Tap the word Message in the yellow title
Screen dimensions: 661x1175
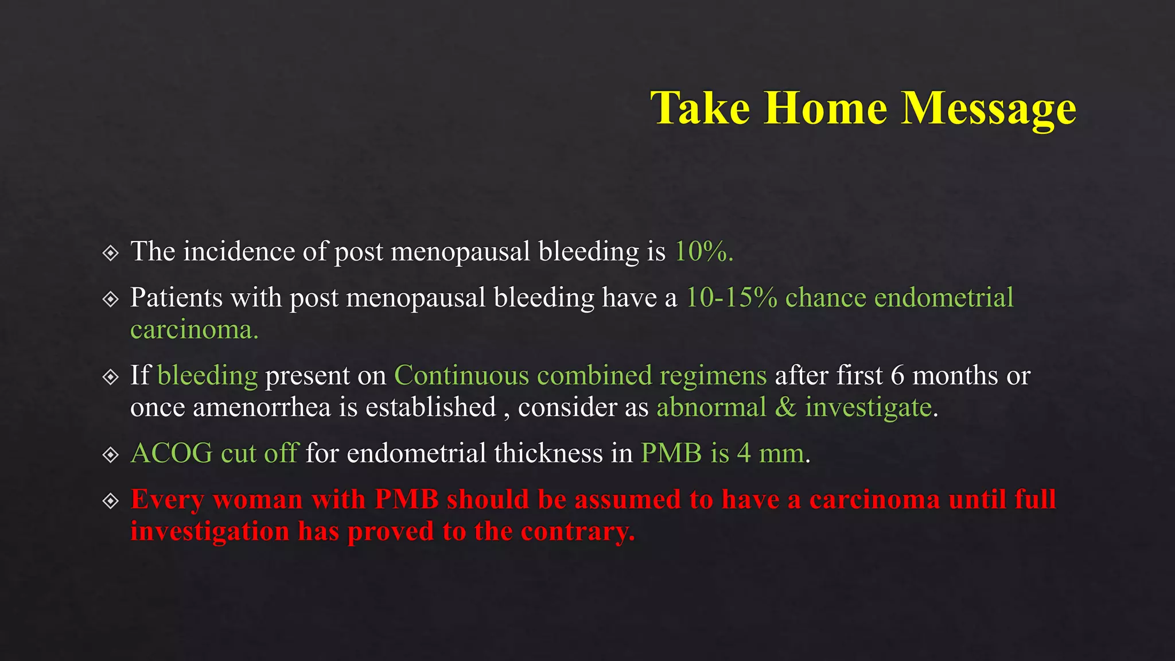[x=988, y=109]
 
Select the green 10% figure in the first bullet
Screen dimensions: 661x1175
[x=703, y=251]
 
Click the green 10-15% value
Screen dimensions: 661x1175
[x=732, y=297]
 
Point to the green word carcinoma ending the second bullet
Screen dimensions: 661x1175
[x=194, y=330]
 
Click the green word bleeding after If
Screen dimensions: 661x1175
[x=207, y=375]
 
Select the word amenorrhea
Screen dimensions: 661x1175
[x=262, y=407]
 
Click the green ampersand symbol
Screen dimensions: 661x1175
[x=785, y=407]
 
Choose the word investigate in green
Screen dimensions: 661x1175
[x=868, y=408]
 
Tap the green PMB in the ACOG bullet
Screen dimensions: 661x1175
[x=671, y=453]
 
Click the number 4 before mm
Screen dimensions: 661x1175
[x=744, y=453]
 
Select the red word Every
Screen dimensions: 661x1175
[x=167, y=500]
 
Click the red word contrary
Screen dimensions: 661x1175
[x=577, y=531]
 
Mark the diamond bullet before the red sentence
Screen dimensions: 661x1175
[x=110, y=501]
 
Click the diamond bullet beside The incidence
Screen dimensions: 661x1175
[x=110, y=252]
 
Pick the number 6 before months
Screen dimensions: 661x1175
[x=897, y=375]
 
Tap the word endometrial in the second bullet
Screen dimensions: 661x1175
[x=943, y=297]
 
